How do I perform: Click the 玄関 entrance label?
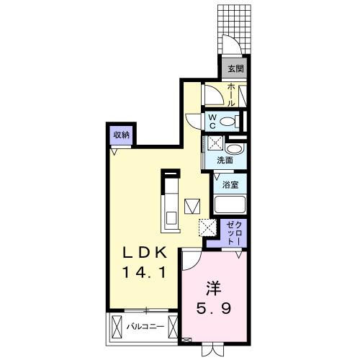point(235,69)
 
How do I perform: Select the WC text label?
point(212,120)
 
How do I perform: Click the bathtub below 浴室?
point(230,203)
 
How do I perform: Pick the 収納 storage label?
point(121,134)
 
